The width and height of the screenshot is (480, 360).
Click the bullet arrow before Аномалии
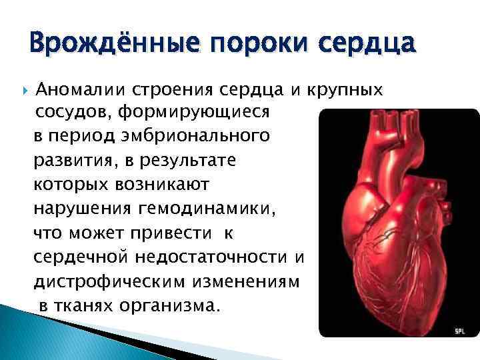click(x=23, y=89)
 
